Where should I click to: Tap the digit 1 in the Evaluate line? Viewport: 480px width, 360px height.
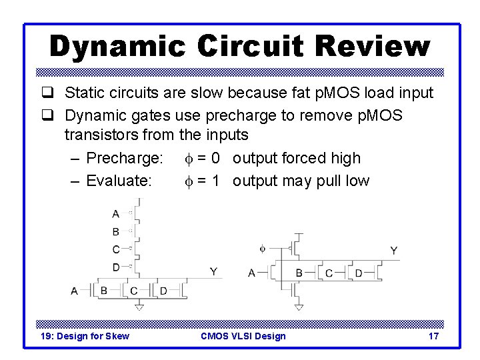(x=215, y=181)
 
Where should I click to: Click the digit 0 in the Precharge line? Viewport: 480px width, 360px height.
(x=216, y=159)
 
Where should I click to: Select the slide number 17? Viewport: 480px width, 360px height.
(x=433, y=336)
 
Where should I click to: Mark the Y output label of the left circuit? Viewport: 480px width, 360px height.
(x=213, y=271)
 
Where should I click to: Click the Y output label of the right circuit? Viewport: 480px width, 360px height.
(x=393, y=251)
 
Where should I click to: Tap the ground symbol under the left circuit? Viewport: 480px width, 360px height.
(x=138, y=307)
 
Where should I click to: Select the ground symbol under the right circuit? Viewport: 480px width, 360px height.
(x=298, y=307)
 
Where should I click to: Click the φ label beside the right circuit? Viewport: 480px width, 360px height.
(x=262, y=249)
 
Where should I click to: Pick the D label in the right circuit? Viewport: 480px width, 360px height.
(x=358, y=273)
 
